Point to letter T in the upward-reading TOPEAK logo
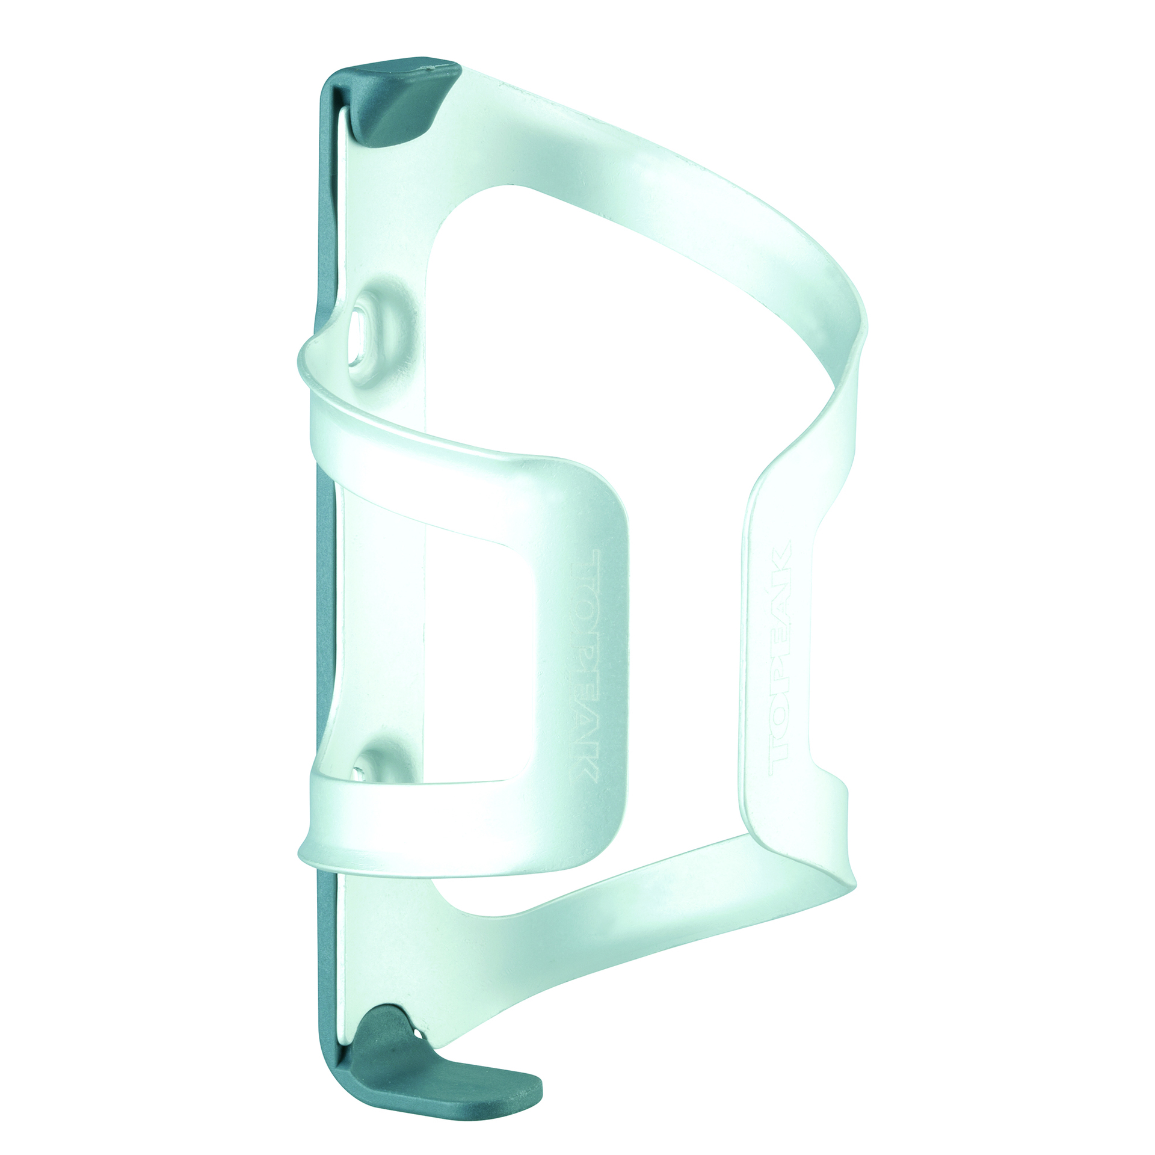coord(780,750)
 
